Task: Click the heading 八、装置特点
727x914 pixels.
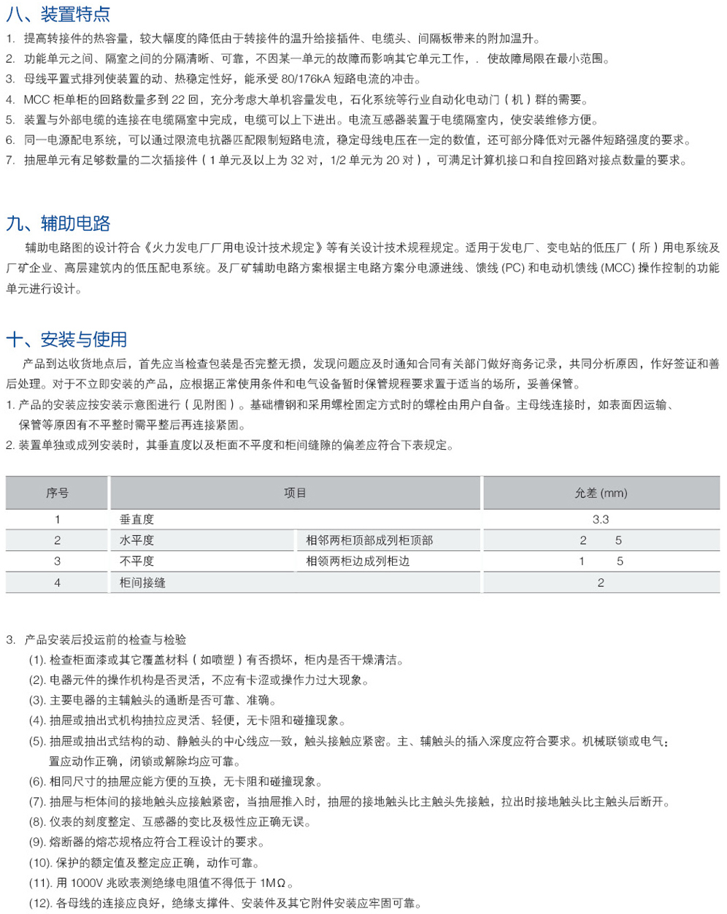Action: point(58,14)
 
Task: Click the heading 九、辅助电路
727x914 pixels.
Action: point(58,223)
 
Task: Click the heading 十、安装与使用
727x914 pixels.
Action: point(66,339)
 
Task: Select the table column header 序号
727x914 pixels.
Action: point(57,494)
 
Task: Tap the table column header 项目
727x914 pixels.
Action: point(295,494)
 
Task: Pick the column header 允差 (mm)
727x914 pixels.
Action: point(601,494)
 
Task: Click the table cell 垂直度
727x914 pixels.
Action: point(137,520)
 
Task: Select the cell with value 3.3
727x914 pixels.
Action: point(601,520)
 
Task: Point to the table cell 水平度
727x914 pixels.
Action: point(137,541)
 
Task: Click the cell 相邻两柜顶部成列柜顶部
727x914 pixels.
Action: point(369,541)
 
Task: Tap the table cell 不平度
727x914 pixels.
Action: point(137,561)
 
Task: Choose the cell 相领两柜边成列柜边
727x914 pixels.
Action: point(358,561)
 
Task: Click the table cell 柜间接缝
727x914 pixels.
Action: point(143,583)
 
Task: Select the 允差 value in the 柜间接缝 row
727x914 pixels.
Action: point(601,583)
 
